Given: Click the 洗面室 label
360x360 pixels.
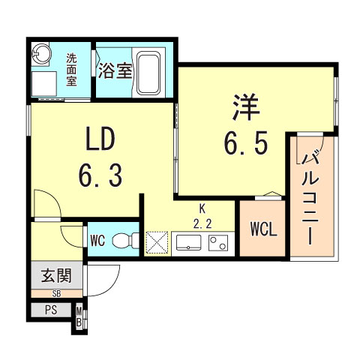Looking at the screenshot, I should click(x=71, y=69).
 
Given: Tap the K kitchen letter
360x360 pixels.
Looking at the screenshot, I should click(x=202, y=208).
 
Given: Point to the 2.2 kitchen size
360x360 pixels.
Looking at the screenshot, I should click(x=202, y=222).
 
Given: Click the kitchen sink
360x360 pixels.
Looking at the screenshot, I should click(x=188, y=242).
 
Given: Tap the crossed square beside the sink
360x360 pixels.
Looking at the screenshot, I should click(x=158, y=242).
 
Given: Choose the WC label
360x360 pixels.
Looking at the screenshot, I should click(x=97, y=241).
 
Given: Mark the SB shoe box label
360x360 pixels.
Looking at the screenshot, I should click(x=56, y=294).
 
